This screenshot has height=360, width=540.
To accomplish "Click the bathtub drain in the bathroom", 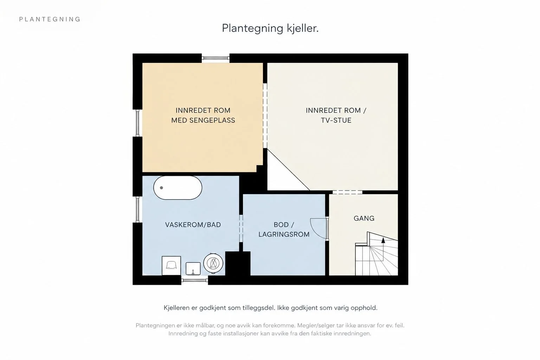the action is [x=161, y=188].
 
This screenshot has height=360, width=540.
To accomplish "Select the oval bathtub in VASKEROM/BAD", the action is [x=178, y=188].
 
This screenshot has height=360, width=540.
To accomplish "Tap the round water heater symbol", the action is [x=213, y=263].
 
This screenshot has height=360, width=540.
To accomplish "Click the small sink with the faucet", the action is [x=193, y=269].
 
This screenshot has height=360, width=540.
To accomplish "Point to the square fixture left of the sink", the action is [x=172, y=265].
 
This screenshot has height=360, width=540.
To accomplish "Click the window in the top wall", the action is [x=216, y=58].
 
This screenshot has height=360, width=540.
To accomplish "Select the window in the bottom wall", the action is [x=194, y=280].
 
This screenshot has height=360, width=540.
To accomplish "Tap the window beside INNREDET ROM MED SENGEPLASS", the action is [x=138, y=123].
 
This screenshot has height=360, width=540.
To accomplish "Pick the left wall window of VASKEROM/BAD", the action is [x=138, y=209].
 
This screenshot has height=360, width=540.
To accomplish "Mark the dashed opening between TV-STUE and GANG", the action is [x=347, y=192].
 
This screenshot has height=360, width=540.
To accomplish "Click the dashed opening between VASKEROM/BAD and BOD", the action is [x=241, y=229].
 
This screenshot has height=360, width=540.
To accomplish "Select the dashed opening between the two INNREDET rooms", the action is [x=265, y=116].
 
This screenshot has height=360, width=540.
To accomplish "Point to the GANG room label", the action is [x=364, y=218].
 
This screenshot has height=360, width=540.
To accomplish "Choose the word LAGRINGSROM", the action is [x=284, y=234].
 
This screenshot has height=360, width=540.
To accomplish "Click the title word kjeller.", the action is [x=303, y=28].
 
